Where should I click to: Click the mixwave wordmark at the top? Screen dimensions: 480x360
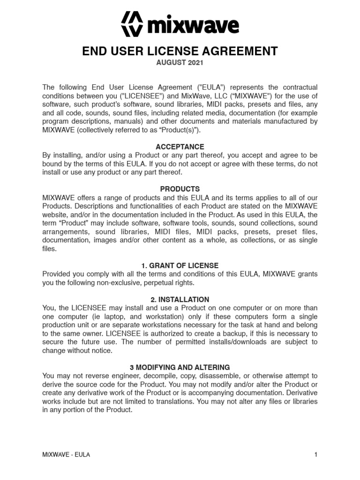tap(193, 25)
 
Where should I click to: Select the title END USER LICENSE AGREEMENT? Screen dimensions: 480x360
tap(180, 51)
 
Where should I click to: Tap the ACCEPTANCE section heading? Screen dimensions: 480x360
tap(180, 147)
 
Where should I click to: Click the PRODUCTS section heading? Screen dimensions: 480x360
tap(180, 189)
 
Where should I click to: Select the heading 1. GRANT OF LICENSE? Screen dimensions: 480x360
tap(180, 266)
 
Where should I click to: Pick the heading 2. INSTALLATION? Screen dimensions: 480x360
tap(180, 300)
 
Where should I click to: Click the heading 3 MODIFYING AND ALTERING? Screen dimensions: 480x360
tap(180, 367)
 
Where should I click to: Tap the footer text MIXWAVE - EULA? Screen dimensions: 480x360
tap(66, 455)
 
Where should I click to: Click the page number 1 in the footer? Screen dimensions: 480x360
tap(316, 455)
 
